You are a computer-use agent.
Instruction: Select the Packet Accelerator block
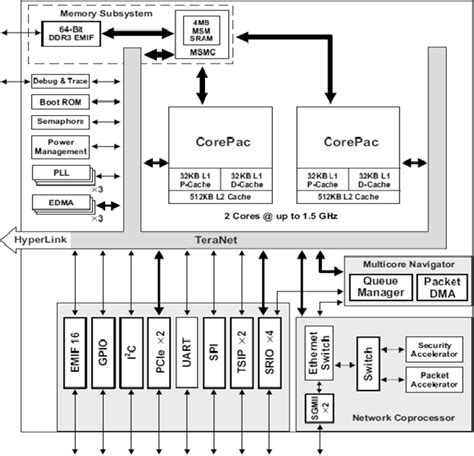[x=434, y=379]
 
